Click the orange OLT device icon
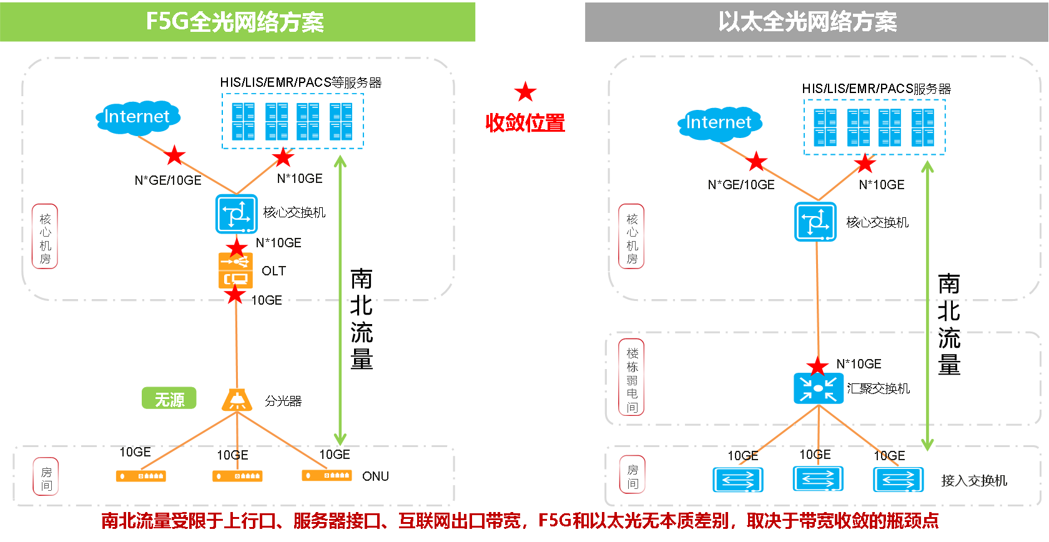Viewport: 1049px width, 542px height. click(235, 270)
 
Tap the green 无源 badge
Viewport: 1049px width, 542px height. click(169, 398)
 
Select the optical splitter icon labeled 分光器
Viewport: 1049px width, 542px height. click(237, 400)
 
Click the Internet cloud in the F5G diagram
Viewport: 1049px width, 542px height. click(137, 117)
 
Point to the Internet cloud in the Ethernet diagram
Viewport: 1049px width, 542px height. click(720, 123)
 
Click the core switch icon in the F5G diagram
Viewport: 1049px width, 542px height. click(237, 214)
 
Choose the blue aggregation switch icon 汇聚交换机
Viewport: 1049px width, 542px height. click(818, 388)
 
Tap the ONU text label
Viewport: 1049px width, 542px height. click(376, 476)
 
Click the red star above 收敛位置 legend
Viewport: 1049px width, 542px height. click(526, 92)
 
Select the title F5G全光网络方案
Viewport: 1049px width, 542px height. click(235, 22)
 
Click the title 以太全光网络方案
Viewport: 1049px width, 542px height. click(808, 22)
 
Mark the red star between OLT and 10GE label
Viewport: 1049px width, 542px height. click(235, 295)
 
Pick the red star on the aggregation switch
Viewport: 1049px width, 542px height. click(818, 367)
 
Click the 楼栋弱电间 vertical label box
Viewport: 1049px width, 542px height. click(632, 377)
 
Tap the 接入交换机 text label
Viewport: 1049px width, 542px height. click(974, 480)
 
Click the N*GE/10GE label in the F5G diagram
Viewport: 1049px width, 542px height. click(167, 180)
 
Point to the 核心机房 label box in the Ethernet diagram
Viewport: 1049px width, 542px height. click(632, 236)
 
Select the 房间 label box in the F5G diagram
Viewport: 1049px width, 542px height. click(46, 476)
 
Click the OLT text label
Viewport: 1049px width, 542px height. click(273, 271)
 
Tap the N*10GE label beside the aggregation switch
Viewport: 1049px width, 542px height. click(859, 364)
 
